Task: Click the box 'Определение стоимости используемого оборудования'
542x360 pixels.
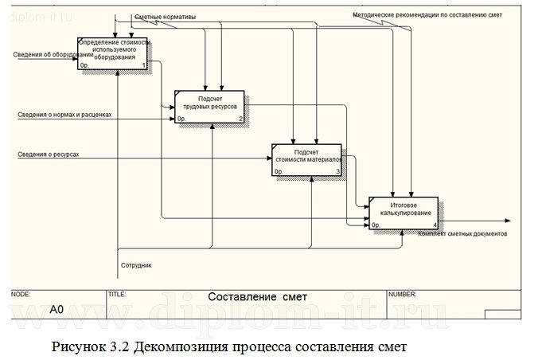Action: pos(114,53)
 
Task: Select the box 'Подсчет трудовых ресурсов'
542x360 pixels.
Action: pos(210,106)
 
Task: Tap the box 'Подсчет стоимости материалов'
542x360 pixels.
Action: pos(306,159)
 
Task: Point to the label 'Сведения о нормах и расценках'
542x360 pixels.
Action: pos(64,114)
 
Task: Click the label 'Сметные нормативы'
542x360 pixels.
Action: pos(165,17)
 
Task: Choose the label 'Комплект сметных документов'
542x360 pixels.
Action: pos(462,233)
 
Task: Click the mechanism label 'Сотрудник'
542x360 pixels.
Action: pos(136,264)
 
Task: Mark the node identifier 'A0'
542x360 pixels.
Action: pos(57,308)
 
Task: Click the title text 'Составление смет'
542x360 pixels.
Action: pos(257,297)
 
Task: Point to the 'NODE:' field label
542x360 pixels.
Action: pos(21,293)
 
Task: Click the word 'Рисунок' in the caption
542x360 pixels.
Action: pos(78,347)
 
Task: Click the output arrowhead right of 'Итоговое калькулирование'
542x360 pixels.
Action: pos(506,221)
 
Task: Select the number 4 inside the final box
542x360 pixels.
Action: pos(435,225)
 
